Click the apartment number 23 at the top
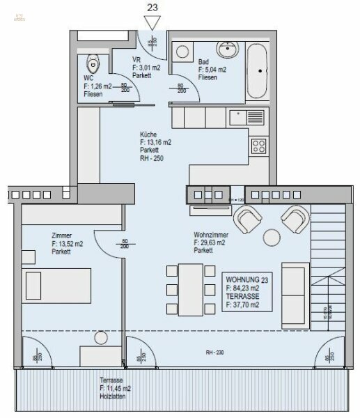coord(153,8)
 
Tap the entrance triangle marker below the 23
coord(153,23)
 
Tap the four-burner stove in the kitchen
coord(260,146)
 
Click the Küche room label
coord(149,134)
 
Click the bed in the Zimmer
coord(56,282)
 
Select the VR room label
coord(136,60)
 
